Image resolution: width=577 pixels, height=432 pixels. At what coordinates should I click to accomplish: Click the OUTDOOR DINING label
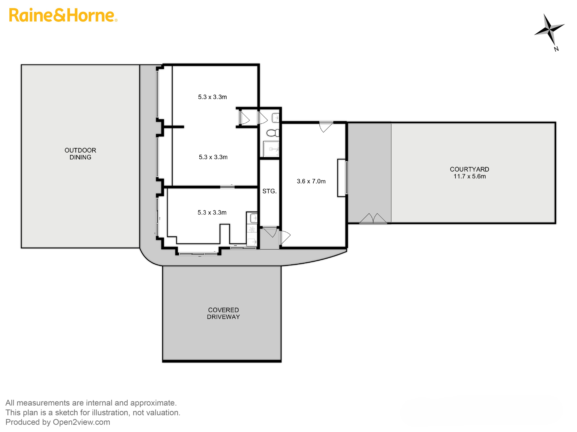[x=80, y=154]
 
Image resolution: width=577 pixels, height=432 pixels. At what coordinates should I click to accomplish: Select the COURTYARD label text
[x=469, y=169]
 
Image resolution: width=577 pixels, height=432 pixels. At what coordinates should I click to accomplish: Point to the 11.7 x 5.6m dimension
[x=470, y=176]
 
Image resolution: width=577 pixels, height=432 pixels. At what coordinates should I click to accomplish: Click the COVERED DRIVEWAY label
[x=223, y=313]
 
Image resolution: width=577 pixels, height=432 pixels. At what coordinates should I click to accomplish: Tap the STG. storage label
[x=269, y=191]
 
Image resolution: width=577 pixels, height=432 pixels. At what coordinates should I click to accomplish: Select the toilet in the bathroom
[x=273, y=133]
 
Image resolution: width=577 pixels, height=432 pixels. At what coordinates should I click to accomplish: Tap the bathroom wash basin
[x=276, y=118]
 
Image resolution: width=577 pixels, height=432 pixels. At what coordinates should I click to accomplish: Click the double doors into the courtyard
[x=373, y=219]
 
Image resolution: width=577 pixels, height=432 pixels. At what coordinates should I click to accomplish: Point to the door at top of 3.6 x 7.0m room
[x=326, y=127]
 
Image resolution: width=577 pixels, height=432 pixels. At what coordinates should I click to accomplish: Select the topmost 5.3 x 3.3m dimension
[x=212, y=97]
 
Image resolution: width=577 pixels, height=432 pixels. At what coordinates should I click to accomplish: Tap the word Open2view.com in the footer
[x=81, y=422]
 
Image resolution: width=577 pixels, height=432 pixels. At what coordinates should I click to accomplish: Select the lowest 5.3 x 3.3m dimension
[x=212, y=212]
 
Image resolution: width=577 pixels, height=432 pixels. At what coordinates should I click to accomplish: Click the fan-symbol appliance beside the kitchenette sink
[x=252, y=229]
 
